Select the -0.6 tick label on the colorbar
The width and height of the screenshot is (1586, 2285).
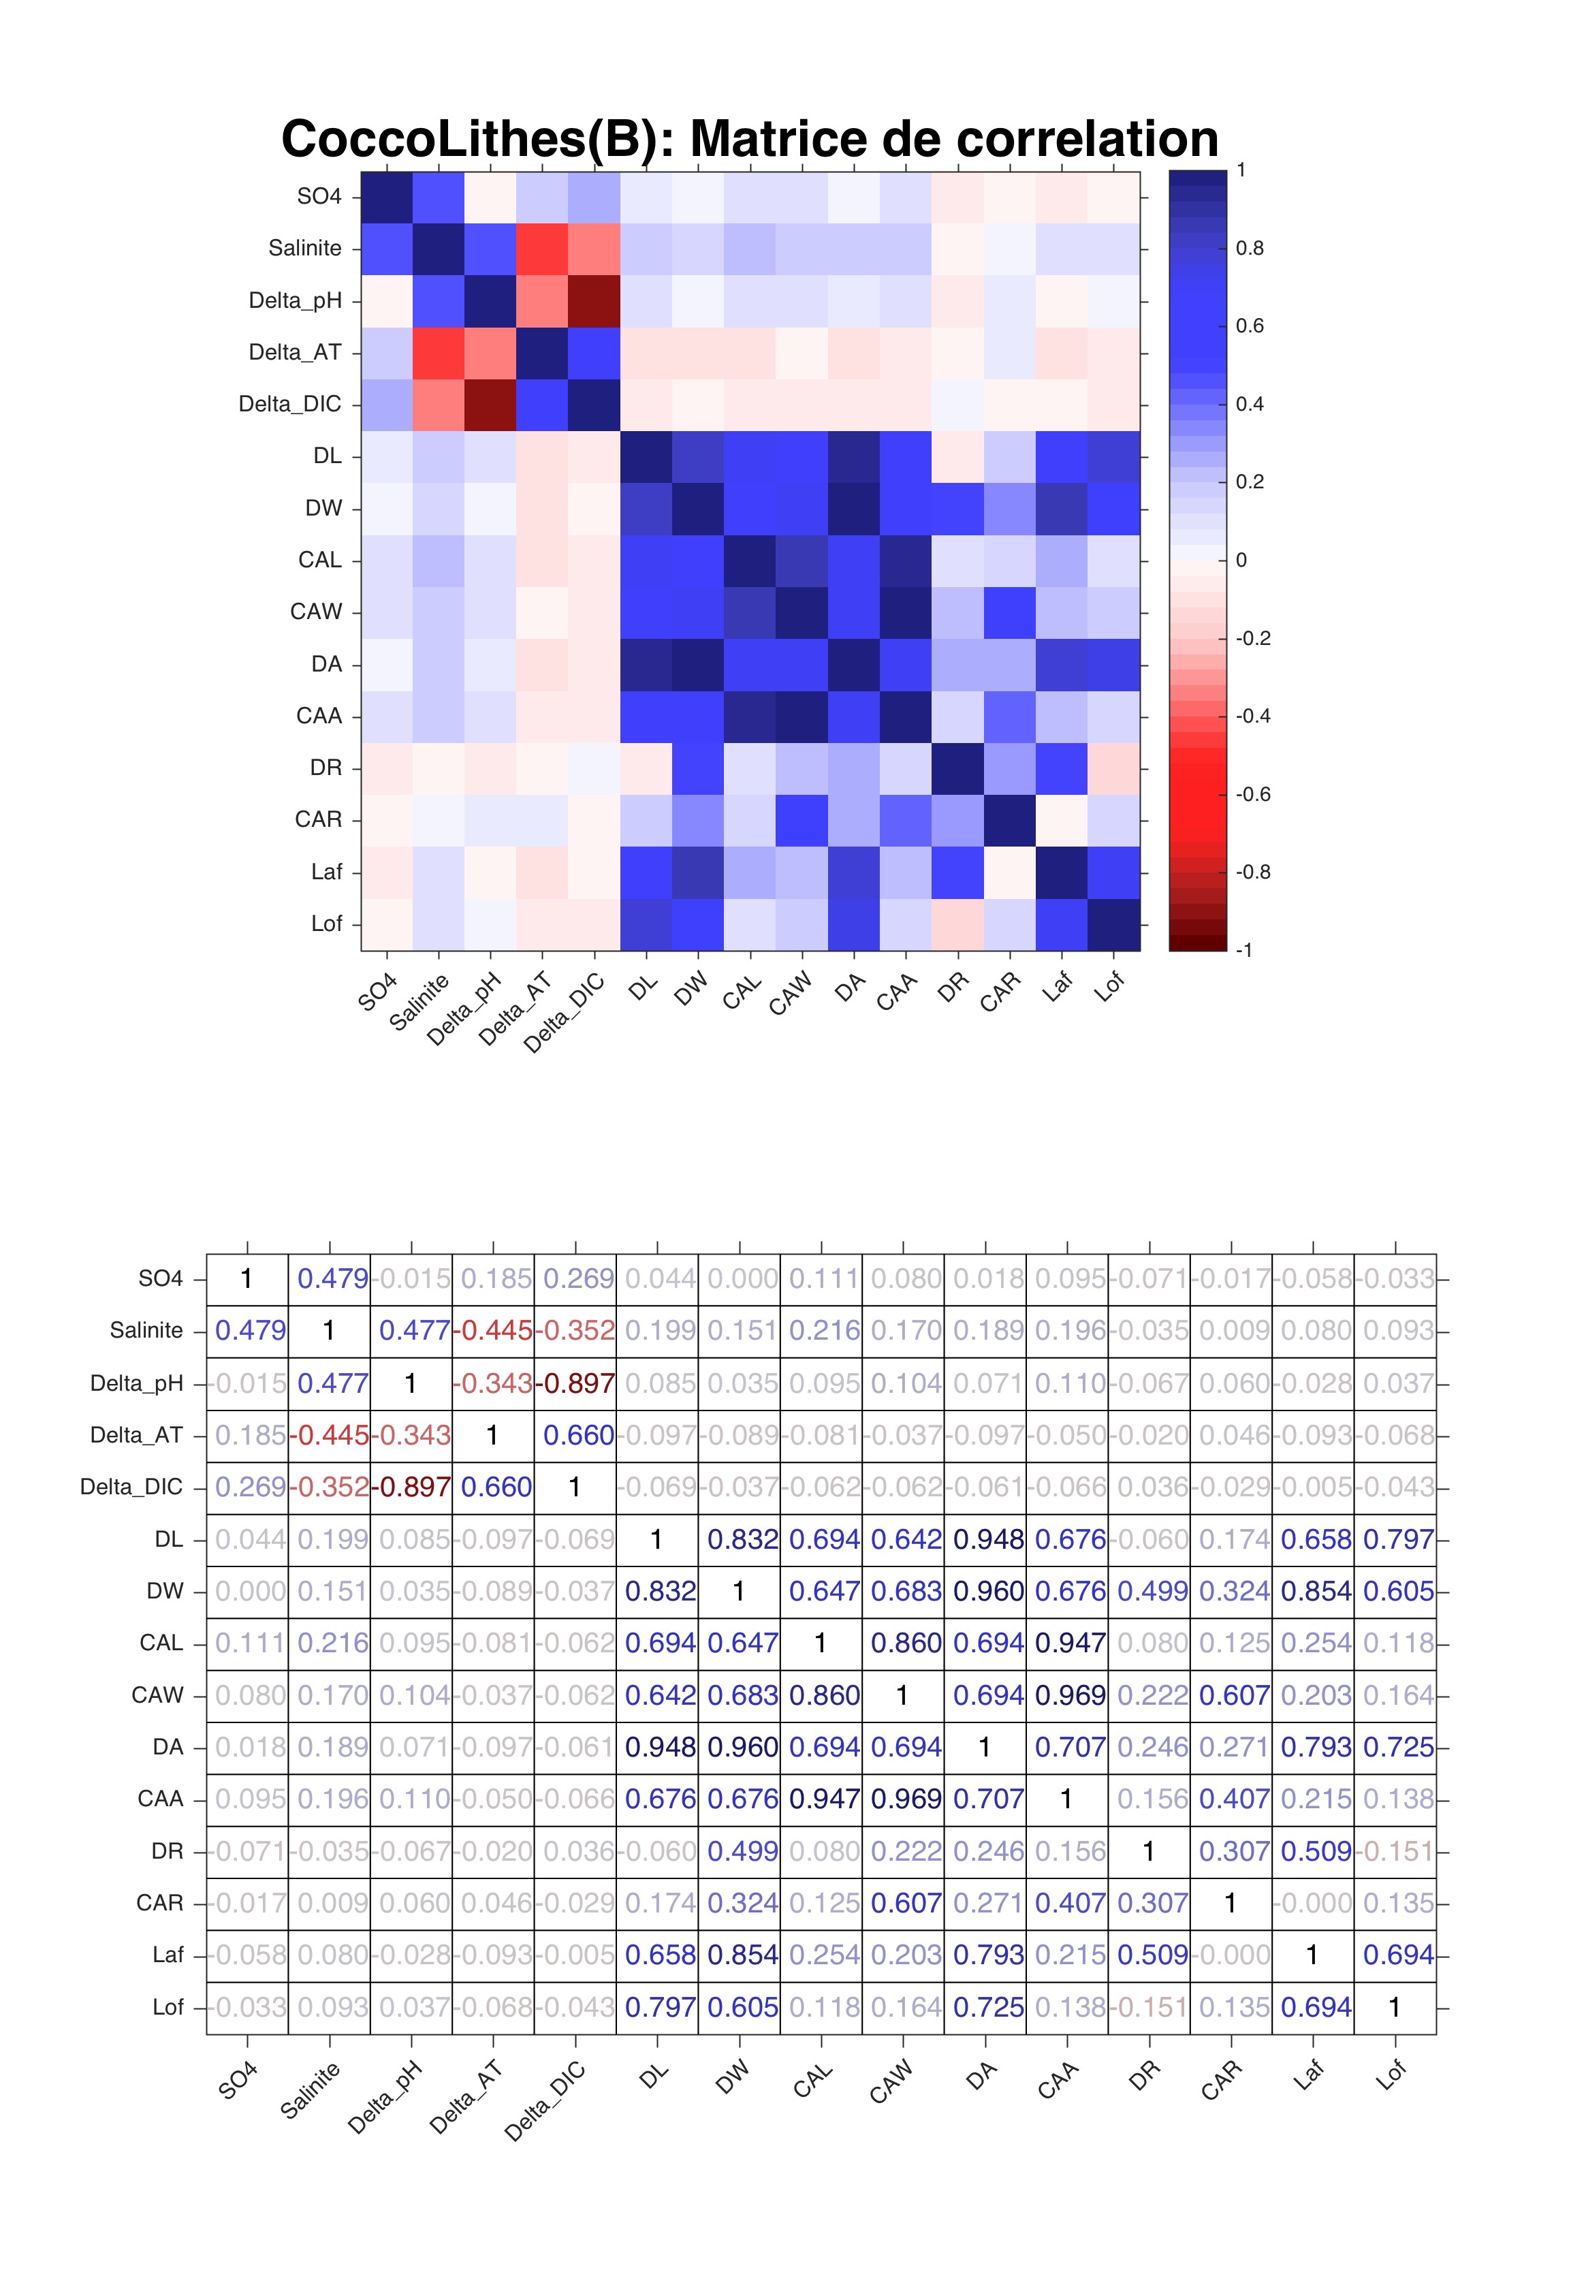click(1252, 794)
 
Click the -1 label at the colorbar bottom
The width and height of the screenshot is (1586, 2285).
click(1243, 950)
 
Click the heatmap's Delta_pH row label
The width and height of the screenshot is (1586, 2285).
click(295, 300)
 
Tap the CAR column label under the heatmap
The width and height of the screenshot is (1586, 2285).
click(1000, 991)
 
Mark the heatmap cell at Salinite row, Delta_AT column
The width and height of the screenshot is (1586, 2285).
click(541, 249)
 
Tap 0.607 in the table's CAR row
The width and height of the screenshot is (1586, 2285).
click(905, 1902)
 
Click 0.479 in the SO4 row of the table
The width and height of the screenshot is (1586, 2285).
click(332, 1278)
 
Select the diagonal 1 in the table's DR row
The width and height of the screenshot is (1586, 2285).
click(1149, 1850)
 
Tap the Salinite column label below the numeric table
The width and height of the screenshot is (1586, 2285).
click(310, 2090)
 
